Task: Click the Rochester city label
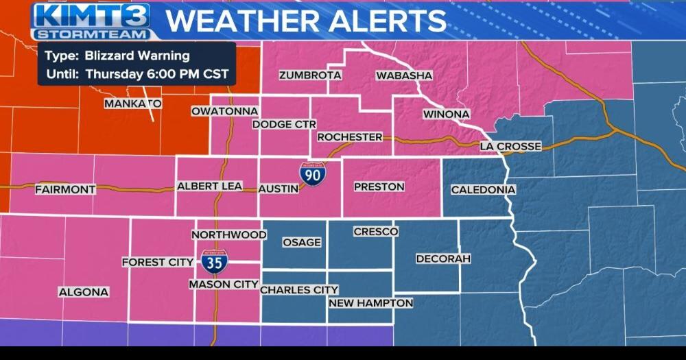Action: [x=350, y=137]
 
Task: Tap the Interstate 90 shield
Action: [x=312, y=176]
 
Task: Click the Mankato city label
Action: [x=132, y=104]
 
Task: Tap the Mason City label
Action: [x=224, y=284]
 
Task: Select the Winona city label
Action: [x=446, y=114]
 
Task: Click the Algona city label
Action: [x=84, y=292]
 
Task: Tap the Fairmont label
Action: [x=65, y=189]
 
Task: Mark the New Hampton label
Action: [x=370, y=303]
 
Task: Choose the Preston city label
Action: [x=379, y=187]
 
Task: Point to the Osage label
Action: [x=301, y=243]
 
